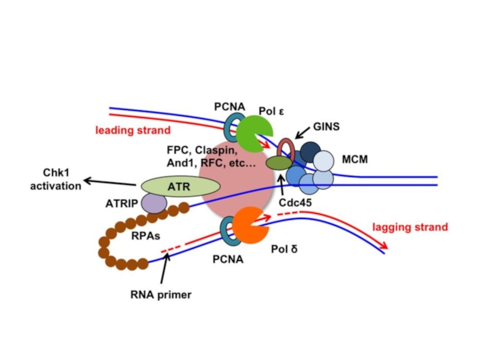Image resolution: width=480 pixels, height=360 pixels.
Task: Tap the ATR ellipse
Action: pos(179,187)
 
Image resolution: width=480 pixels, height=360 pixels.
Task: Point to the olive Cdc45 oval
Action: pos(280,163)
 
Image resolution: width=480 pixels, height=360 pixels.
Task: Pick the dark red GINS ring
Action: pos(286,149)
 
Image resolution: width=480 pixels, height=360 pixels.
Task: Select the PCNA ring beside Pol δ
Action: pos(228,231)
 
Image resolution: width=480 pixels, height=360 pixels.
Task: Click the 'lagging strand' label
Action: pos(410,227)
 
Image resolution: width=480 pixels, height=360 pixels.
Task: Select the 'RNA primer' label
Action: pos(161,295)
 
